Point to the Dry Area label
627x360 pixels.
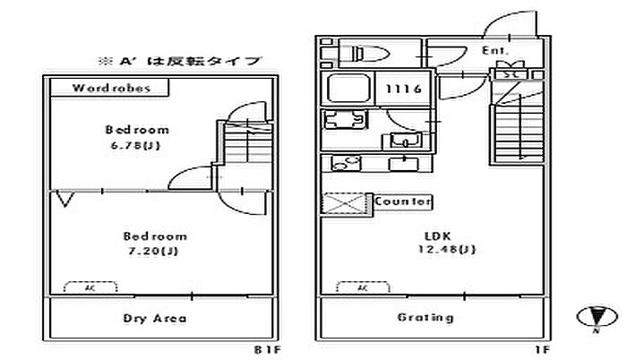pyautogui.click(x=155, y=318)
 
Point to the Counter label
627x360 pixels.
pyautogui.click(x=403, y=201)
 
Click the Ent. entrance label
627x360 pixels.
pyautogui.click(x=495, y=51)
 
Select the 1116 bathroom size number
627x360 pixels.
pyautogui.click(x=400, y=90)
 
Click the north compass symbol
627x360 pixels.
pyautogui.click(x=594, y=317)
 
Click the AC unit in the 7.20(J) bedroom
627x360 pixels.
pyautogui.click(x=90, y=288)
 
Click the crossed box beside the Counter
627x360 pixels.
pyautogui.click(x=344, y=205)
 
